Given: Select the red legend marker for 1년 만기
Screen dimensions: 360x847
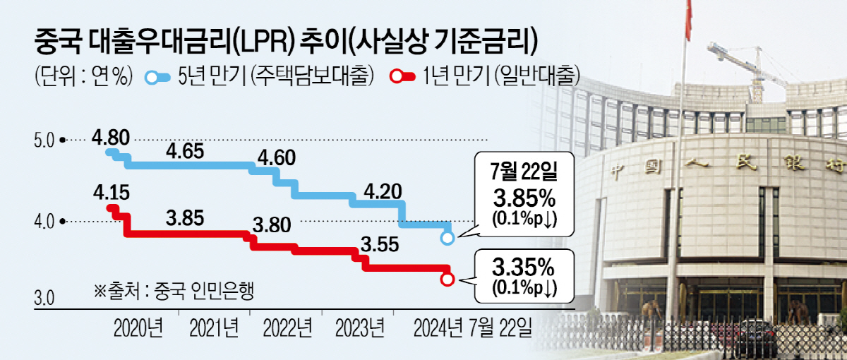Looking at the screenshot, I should click(x=408, y=76).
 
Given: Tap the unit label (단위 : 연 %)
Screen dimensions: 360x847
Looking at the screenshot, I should click(x=83, y=76).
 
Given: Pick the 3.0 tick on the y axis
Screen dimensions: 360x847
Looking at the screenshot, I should click(x=44, y=299).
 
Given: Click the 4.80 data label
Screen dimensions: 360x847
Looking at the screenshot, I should click(x=111, y=136).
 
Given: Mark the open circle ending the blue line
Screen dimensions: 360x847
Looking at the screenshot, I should click(x=447, y=238).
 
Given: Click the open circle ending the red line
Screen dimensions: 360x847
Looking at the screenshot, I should click(x=446, y=280).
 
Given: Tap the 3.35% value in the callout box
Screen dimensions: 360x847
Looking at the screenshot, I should click(x=523, y=268).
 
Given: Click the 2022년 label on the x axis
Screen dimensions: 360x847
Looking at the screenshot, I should click(x=287, y=328).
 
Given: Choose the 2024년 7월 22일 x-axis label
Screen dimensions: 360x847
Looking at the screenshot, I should click(x=470, y=328).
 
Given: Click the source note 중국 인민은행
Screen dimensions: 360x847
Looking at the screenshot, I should click(x=173, y=289).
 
